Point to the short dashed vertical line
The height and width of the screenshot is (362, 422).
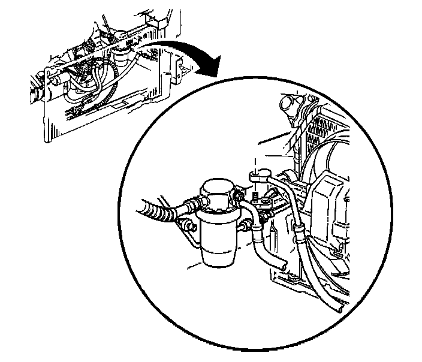(255, 164)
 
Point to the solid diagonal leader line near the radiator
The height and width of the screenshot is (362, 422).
(273, 139)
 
